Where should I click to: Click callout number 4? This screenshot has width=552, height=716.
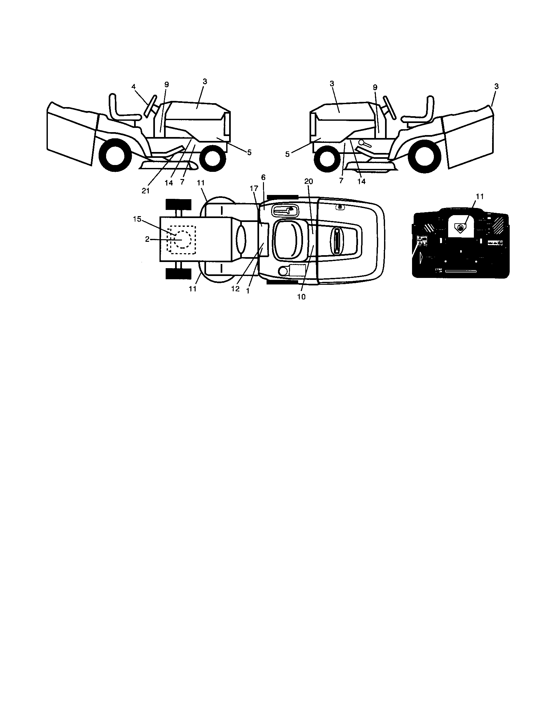[x=133, y=87]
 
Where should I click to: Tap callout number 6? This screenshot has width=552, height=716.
[x=263, y=177]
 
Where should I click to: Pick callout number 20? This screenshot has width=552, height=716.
[x=309, y=182]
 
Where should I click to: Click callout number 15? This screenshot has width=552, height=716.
[x=137, y=219]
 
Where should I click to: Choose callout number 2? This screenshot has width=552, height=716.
[x=147, y=239]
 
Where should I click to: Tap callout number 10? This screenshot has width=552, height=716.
[x=301, y=297]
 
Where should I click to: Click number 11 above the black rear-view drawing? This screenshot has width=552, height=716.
[x=479, y=196]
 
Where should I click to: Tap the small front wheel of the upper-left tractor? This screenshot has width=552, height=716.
[x=213, y=158]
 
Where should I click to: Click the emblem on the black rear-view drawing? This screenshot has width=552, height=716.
[x=461, y=227]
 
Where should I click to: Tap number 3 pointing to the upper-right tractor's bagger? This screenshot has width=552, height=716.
[x=496, y=87]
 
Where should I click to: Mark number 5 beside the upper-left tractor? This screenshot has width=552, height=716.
[x=249, y=152]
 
